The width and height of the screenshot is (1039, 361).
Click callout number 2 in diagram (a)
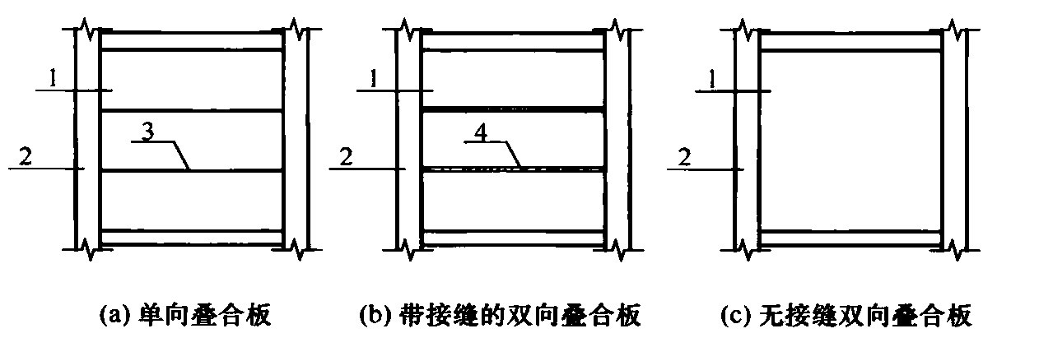pos(26,156)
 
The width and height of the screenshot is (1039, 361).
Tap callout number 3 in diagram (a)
pos(147,132)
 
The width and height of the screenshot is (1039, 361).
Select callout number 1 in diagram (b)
pos(374,78)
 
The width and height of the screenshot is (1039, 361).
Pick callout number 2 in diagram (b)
pos(346,156)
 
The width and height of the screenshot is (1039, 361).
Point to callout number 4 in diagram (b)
pos(481,132)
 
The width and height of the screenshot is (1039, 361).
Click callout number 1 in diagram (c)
pos(712,79)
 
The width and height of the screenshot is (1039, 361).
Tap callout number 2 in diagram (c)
pos(684,158)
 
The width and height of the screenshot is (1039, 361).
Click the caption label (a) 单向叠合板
pos(185,316)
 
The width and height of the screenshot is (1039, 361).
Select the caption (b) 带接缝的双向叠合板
pos(500,316)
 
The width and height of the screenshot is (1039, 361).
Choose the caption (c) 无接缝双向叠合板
pos(846,316)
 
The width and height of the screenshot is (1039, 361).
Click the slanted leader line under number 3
pos(181,156)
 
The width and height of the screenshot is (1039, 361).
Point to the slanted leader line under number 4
pos(513,155)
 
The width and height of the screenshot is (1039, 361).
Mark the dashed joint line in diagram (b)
pos(513,170)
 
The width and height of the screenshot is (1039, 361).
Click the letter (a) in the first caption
pos(113,316)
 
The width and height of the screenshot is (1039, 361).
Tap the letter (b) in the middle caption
pos(374,316)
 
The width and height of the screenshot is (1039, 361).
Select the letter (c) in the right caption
pos(734,316)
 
